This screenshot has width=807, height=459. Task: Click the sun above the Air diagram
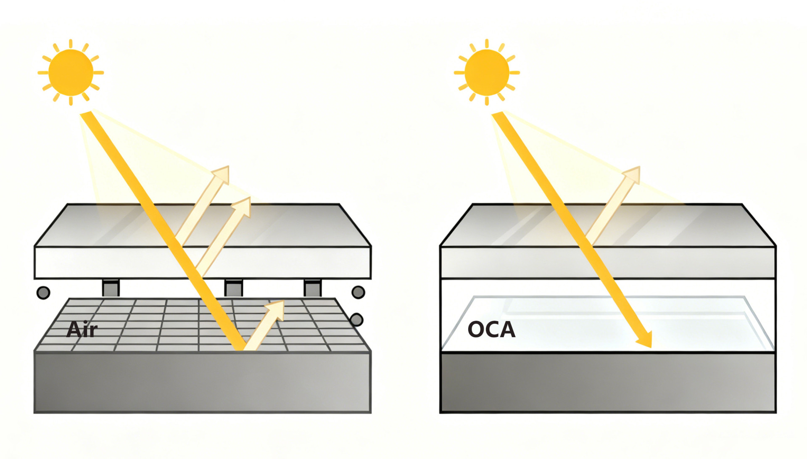point(71,72)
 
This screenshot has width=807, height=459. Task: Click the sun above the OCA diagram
point(487,72)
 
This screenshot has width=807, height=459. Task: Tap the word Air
point(82,330)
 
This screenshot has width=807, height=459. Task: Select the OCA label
point(491,330)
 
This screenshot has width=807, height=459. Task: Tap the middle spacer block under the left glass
point(233,288)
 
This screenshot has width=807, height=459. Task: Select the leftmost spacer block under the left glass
point(111,288)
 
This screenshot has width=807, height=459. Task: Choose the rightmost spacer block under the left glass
point(313,288)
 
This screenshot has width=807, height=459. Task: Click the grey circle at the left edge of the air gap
point(43,293)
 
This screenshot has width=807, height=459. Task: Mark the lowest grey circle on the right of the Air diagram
point(356,320)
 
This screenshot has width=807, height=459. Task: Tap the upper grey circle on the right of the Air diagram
point(358,292)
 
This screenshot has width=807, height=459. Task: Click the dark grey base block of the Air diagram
point(202,382)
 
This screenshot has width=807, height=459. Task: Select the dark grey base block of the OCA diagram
point(607,382)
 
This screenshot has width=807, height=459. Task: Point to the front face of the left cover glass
point(126,263)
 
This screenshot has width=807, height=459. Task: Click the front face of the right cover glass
point(525,263)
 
